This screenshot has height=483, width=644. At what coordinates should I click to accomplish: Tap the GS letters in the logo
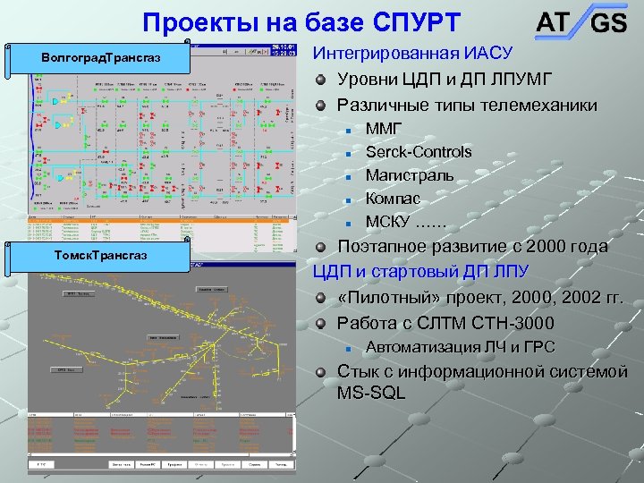tap(608, 24)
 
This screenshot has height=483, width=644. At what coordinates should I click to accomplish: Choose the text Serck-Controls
tap(419, 152)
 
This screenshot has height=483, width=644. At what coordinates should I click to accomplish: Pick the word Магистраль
tap(410, 175)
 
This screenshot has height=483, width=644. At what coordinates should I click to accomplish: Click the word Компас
tap(394, 199)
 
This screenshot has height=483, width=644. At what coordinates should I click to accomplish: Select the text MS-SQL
tap(371, 393)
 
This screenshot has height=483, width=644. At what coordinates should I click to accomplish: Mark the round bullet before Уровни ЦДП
tap(321, 80)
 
